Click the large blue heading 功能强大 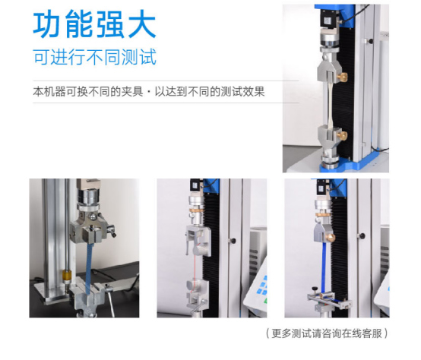[x=94, y=24]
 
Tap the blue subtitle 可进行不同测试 [x=95, y=57]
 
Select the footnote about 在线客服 [x=327, y=333]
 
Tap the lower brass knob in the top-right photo [x=342, y=135]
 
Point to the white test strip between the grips [x=330, y=104]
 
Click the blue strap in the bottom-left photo [x=90, y=268]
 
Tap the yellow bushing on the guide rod [x=66, y=276]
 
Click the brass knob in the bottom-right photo [x=331, y=238]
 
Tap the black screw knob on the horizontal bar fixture [x=314, y=289]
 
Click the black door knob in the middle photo [x=233, y=240]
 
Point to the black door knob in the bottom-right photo [x=362, y=236]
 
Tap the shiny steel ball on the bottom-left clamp [x=93, y=216]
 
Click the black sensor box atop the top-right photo [x=328, y=19]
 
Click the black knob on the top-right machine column [x=371, y=41]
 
